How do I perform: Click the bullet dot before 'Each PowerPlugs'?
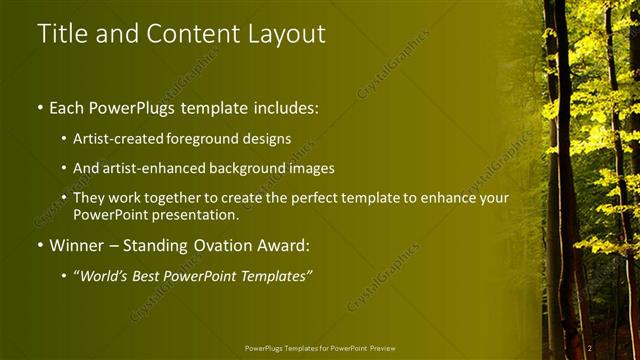point(39,105)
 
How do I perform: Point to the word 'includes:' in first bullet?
point(282,105)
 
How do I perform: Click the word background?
point(259,168)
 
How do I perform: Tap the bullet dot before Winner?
point(39,245)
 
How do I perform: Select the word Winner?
point(77,245)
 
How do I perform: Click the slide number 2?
point(590,347)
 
